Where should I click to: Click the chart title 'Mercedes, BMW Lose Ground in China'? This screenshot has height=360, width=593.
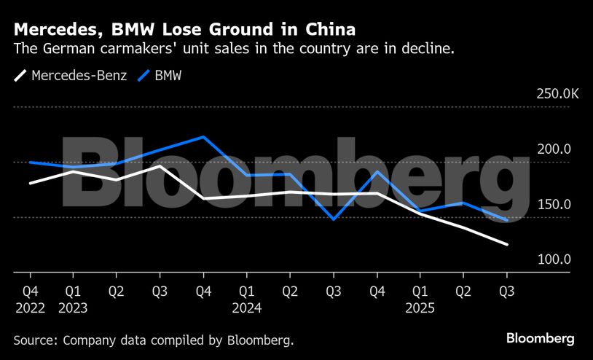184,30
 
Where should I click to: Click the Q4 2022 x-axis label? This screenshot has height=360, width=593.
30,300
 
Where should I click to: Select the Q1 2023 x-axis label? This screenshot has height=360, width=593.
73,300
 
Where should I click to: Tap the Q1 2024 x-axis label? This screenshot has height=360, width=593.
247,300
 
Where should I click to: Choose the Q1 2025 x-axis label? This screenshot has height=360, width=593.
420,300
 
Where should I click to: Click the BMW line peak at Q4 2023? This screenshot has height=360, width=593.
203,137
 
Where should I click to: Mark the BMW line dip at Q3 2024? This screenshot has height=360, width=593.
334,219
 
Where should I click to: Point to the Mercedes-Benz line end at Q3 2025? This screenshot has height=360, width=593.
507,245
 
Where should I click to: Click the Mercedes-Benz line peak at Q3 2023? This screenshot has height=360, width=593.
160,166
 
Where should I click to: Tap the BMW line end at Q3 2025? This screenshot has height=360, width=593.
507,219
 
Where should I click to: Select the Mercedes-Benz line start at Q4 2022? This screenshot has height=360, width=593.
30,183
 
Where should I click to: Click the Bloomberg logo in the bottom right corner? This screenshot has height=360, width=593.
541,339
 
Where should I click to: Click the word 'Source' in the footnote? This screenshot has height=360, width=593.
36,340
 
